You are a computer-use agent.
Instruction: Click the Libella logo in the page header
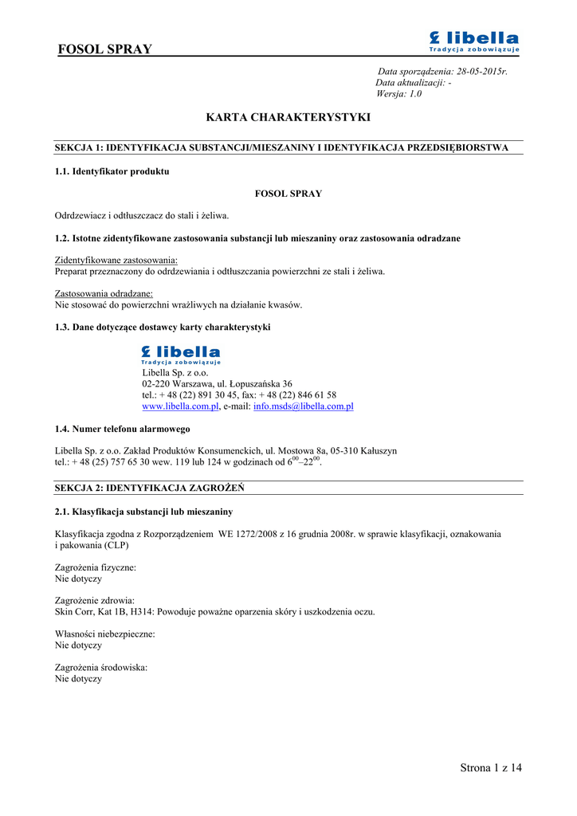(473, 41)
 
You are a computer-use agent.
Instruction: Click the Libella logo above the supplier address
(180, 355)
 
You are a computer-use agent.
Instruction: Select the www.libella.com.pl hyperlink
(180, 406)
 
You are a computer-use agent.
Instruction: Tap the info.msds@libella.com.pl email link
(303, 406)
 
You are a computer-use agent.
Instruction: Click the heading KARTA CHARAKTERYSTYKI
(288, 117)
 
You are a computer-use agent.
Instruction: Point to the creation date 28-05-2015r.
(477, 72)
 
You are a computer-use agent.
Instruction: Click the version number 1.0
(415, 94)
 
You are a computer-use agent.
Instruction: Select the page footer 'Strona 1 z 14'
(491, 768)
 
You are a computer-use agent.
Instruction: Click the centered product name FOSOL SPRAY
(288, 194)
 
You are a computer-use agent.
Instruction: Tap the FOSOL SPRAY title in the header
(105, 49)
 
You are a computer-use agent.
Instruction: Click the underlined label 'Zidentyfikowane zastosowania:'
(116, 261)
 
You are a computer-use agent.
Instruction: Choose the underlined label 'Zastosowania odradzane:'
(104, 294)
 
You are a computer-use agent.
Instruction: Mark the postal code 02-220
(156, 383)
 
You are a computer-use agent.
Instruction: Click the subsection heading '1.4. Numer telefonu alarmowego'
(122, 430)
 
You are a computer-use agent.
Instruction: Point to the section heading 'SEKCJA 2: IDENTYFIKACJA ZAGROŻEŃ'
(149, 488)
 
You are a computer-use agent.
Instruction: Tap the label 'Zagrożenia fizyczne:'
(96, 567)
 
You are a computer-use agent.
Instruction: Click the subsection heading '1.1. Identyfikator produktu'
(112, 171)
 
